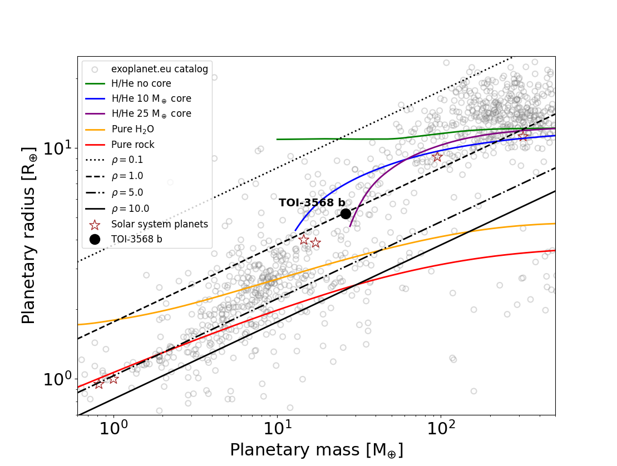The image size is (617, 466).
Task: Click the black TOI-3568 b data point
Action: pos(345,214)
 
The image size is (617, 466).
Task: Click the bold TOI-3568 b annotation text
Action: pos(312,203)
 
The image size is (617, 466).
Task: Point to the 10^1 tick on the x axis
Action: pos(277,429)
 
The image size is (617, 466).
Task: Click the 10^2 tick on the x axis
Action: pos(441,429)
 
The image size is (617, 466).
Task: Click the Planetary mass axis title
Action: pos(316,450)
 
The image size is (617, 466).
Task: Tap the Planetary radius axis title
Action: pos(29,236)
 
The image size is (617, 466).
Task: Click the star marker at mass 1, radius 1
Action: pos(113,379)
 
